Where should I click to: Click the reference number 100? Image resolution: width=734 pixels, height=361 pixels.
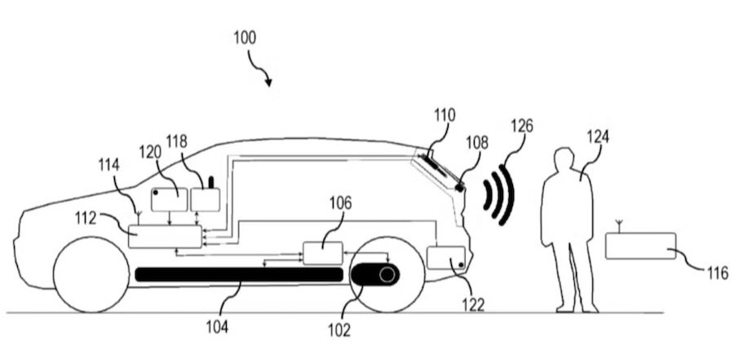point(244,38)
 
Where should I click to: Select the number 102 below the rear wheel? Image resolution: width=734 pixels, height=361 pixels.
point(339,330)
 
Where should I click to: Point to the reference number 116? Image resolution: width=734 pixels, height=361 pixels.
point(718,274)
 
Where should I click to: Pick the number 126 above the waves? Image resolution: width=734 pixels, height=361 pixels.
point(522,127)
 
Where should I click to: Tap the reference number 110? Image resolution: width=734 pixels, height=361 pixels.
point(444,116)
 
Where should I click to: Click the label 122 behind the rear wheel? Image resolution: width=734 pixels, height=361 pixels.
point(472,305)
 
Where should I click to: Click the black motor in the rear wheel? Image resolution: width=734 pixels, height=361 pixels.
point(375,275)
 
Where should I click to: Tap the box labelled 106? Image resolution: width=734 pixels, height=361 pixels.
point(323,253)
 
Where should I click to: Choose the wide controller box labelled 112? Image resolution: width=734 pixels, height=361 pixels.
point(165,236)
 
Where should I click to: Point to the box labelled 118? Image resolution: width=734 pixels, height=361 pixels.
point(205,198)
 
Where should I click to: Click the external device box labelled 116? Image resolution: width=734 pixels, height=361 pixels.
point(640,246)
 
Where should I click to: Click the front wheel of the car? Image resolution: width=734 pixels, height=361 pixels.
point(91,275)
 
